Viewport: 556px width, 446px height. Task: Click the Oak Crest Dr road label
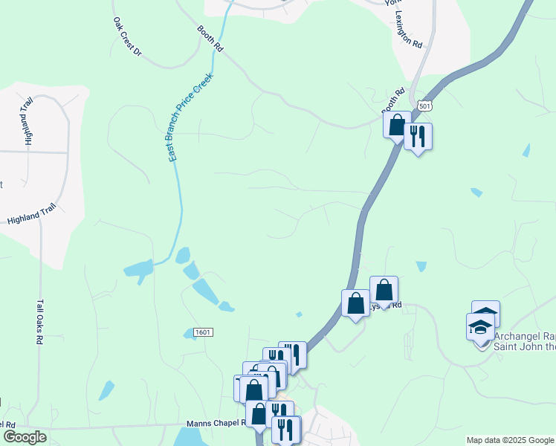click(x=126, y=36)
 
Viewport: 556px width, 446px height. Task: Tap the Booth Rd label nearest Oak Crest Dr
click(x=210, y=38)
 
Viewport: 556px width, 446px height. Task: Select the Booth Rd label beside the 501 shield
click(x=393, y=102)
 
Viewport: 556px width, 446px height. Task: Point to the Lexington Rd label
click(x=409, y=30)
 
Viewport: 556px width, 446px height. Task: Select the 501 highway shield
click(x=424, y=106)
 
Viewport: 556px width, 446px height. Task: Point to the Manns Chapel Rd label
click(x=216, y=423)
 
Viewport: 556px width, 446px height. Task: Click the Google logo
click(x=25, y=437)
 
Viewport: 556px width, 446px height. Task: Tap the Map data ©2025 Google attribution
click(x=510, y=440)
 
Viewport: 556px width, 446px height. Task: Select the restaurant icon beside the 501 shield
click(x=418, y=136)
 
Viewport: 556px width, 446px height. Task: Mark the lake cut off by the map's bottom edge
click(x=192, y=437)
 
